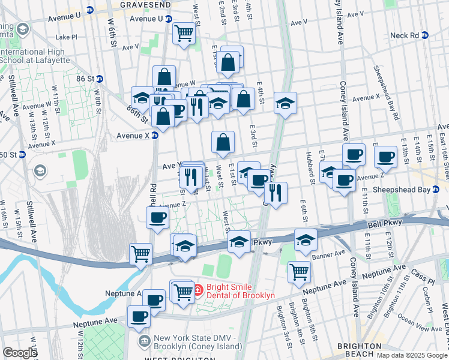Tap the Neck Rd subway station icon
(x=426, y=35)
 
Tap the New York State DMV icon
(x=145, y=342)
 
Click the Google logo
(x=19, y=353)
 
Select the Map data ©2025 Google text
(x=411, y=355)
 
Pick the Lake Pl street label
(x=66, y=37)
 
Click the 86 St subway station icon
(x=100, y=79)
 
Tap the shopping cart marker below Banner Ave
(x=299, y=271)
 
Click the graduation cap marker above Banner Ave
(x=306, y=239)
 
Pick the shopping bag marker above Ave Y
(x=223, y=142)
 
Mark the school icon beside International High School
(x=23, y=29)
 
